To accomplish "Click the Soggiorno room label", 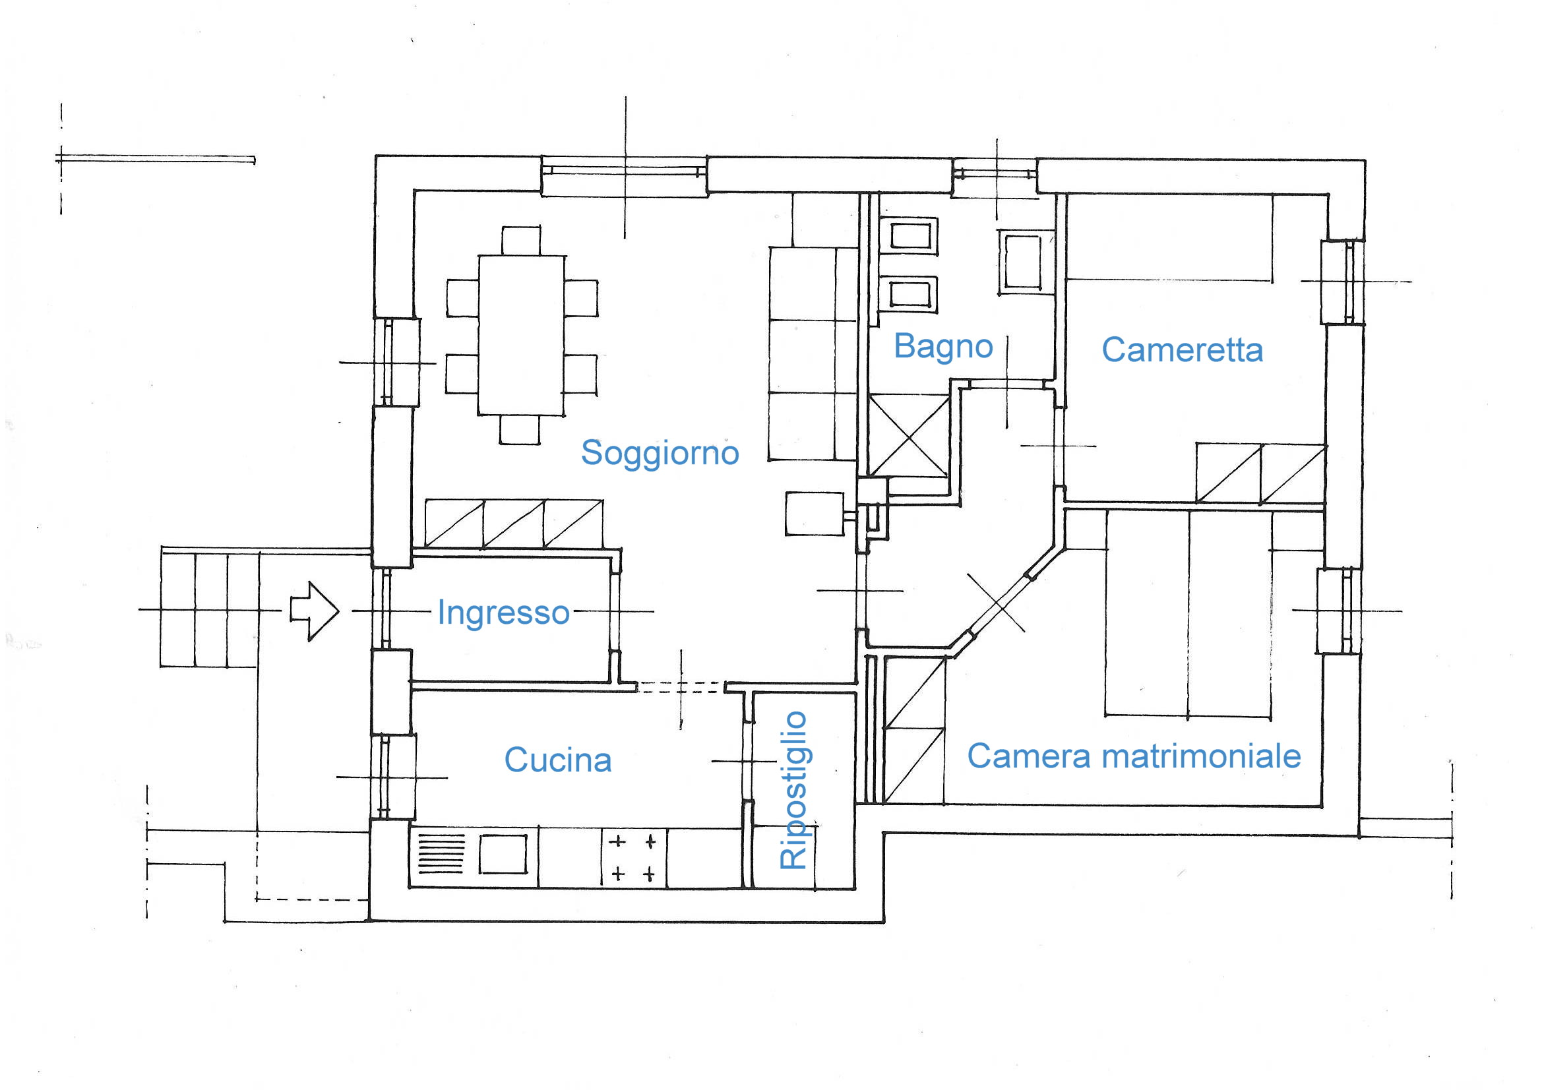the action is coord(660,452).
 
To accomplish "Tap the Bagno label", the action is coord(943,348).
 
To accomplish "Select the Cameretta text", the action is coord(1182,350).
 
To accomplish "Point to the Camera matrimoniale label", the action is coord(1134,756).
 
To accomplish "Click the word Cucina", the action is coord(557,760).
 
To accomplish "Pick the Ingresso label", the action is coord(503,613).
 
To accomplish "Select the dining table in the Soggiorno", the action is coord(521,335).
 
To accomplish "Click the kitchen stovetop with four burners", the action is coord(634,858).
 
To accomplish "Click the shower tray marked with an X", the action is coord(908,437).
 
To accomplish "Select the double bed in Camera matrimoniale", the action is coord(1188,614).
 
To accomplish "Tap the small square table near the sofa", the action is coord(815,514).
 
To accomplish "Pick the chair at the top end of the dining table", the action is coord(521,241).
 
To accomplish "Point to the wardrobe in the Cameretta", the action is coord(1260,473).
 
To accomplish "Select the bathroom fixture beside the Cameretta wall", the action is coord(1022,262).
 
